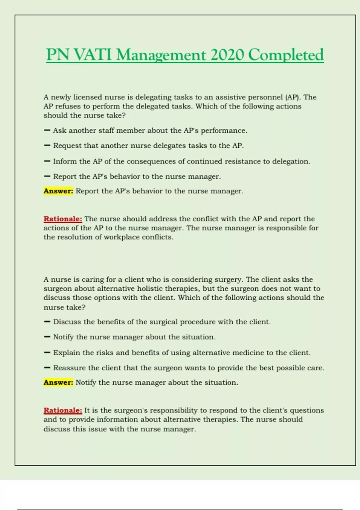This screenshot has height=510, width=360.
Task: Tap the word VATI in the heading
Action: point(93,55)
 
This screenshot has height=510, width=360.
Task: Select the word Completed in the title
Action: point(286,55)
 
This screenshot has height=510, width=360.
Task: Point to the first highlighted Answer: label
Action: point(58,191)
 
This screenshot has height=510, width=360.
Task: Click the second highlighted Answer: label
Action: point(58,382)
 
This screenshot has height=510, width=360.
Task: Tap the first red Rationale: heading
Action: point(63,219)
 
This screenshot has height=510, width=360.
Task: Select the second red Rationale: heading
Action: point(63,410)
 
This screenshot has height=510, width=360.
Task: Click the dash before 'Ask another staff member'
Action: point(47,130)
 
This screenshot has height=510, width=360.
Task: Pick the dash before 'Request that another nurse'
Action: point(47,145)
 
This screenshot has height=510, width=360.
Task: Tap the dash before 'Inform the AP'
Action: point(47,161)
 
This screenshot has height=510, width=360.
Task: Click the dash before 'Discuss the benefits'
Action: point(47,322)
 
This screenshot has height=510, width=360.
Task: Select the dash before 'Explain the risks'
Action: point(47,353)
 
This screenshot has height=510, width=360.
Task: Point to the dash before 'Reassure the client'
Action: point(47,368)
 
